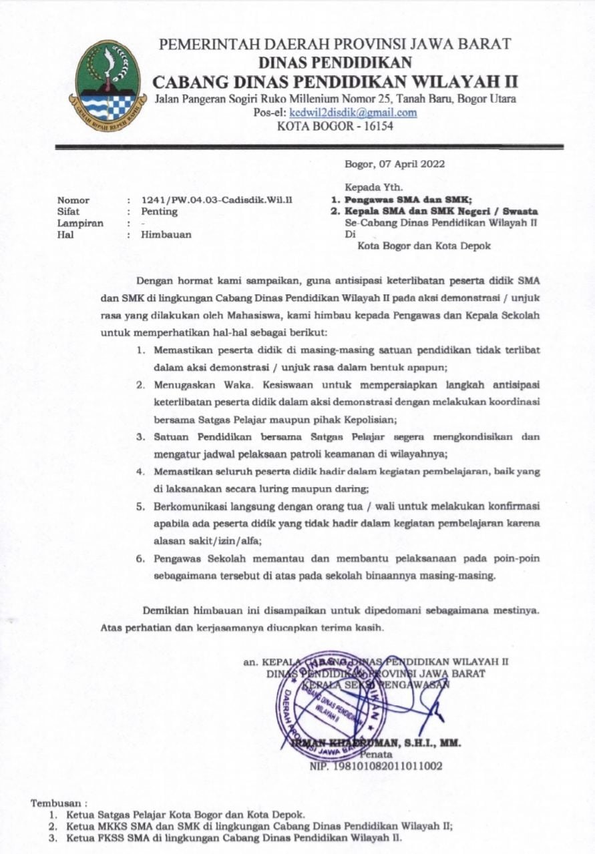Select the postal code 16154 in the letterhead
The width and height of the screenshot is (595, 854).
tap(377, 125)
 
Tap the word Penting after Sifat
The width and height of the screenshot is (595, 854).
tap(159, 211)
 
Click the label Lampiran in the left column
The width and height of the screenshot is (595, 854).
tap(80, 224)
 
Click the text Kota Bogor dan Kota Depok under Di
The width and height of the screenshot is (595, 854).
tap(424, 246)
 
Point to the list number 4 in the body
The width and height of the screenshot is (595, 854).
tap(141, 471)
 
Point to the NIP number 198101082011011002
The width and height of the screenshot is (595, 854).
tap(376, 766)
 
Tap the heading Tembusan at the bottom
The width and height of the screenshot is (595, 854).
tap(59, 803)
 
